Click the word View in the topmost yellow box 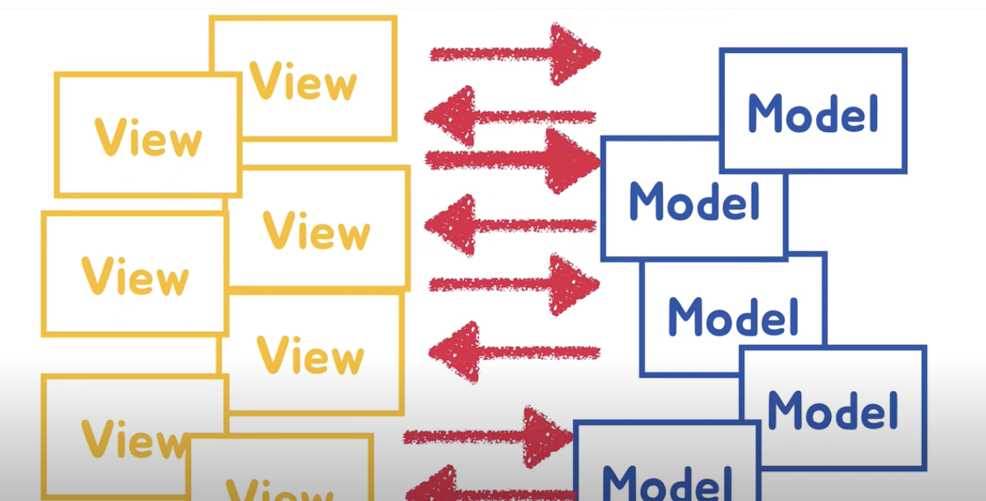point(303,80)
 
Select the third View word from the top point(316,230)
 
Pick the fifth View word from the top point(310,355)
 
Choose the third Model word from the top point(733,316)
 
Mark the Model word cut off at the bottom point(667,482)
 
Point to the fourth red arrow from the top point(510,225)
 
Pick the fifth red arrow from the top point(515,284)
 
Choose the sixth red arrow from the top point(514,353)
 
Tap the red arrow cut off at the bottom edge point(491,490)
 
